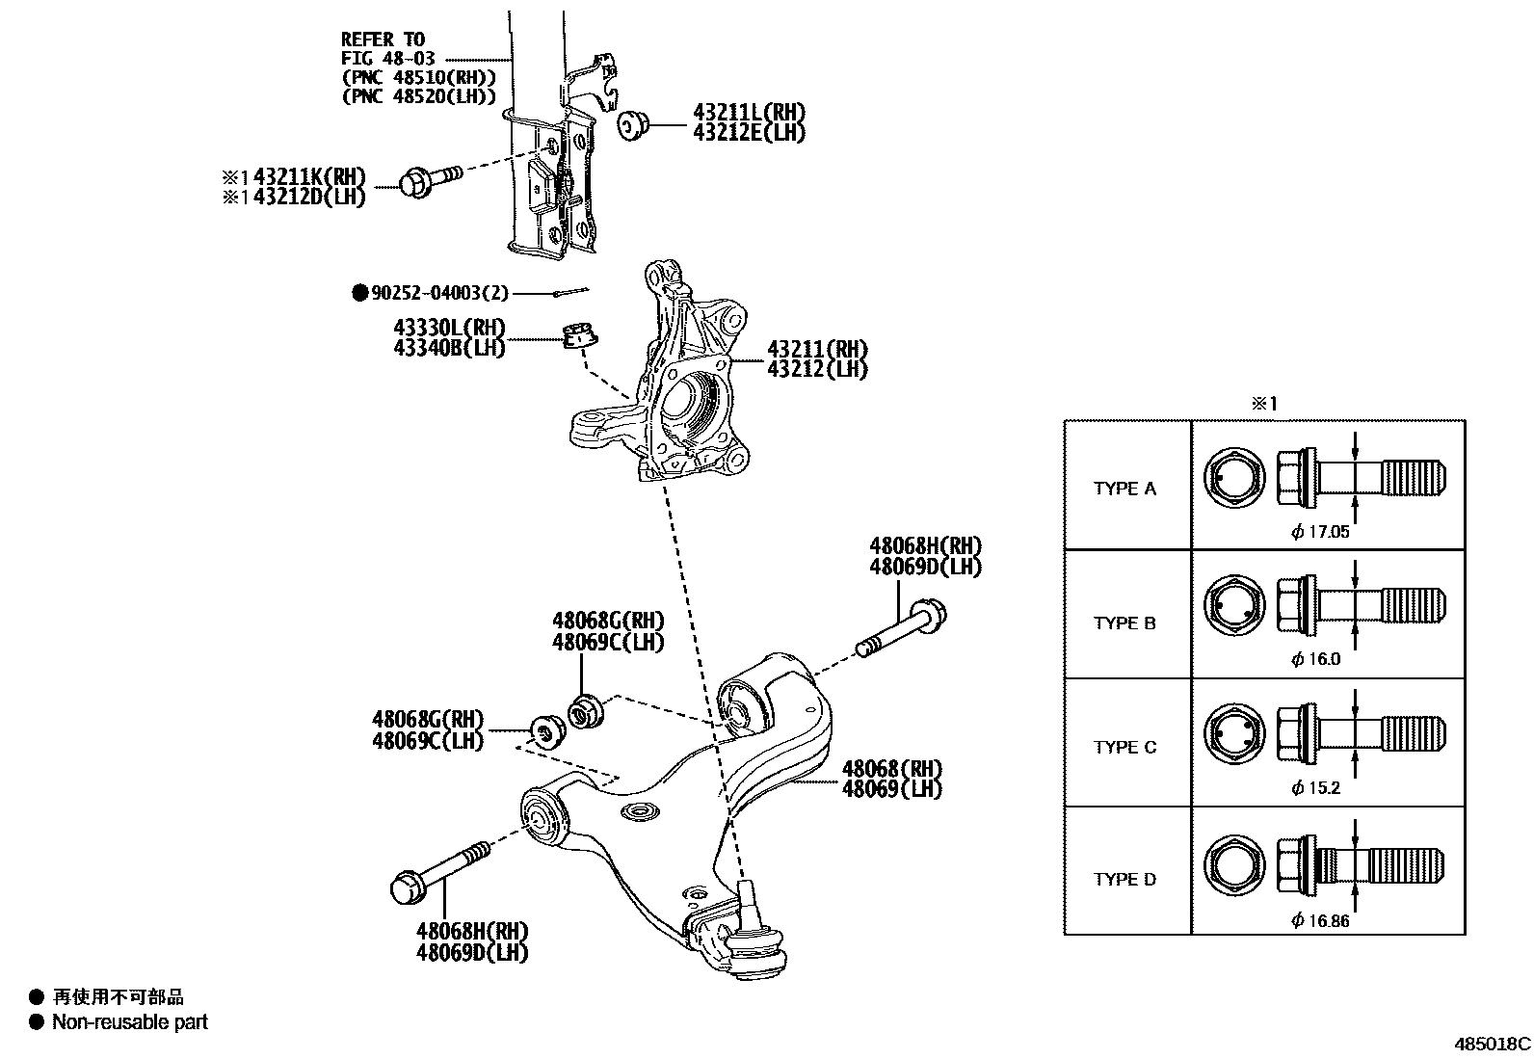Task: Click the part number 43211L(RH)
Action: point(749,112)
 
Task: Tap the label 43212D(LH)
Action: point(309,197)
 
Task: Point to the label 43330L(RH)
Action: point(448,329)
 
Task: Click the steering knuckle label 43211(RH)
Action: point(817,349)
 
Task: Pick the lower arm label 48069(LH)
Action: point(891,789)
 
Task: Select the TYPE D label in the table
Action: point(1124,879)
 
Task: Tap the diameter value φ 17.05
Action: point(1320,531)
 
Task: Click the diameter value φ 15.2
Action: point(1315,787)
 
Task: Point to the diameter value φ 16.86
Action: point(1320,920)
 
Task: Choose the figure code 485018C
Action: point(1492,1044)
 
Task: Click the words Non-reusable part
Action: point(130,1022)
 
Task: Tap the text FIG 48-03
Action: point(387,59)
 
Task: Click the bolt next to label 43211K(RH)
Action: point(429,180)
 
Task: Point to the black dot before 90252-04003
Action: point(359,293)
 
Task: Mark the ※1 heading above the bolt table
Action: point(1263,404)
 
